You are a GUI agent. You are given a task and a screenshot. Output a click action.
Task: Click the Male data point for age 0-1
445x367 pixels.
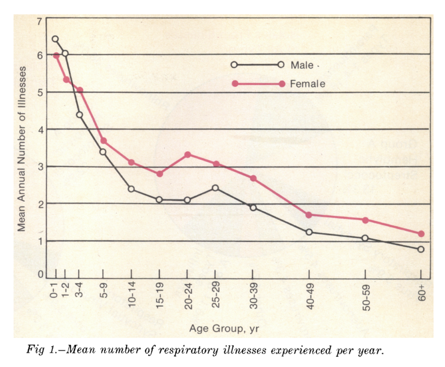tap(55, 39)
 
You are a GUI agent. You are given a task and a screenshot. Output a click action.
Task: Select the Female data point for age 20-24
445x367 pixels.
tap(187, 154)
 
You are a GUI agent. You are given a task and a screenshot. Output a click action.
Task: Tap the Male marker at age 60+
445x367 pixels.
tap(421, 249)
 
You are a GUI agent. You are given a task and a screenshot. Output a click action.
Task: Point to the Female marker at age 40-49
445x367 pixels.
tap(309, 215)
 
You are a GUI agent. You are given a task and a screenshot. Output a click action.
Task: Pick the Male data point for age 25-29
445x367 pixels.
tap(215, 188)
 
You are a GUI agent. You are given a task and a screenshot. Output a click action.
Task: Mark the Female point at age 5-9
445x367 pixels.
tap(103, 141)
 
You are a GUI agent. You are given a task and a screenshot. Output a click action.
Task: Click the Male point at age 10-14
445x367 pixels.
tap(131, 189)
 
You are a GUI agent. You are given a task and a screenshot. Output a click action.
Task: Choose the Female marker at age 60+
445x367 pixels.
tap(421, 234)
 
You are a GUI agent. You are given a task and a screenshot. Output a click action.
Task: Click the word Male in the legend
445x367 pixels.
tap(302, 65)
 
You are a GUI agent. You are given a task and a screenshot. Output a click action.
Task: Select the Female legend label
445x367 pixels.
tap(308, 84)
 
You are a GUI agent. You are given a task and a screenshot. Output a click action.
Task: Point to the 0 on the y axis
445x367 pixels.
tap(40, 274)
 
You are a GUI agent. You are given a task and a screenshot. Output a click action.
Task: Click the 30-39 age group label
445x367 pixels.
tap(253, 295)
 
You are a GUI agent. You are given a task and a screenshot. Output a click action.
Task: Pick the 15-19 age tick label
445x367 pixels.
tap(160, 295)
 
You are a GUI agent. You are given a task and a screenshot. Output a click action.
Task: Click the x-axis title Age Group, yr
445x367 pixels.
tap(224, 329)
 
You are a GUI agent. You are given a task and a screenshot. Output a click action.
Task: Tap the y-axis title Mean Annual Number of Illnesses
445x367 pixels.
tap(21, 149)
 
